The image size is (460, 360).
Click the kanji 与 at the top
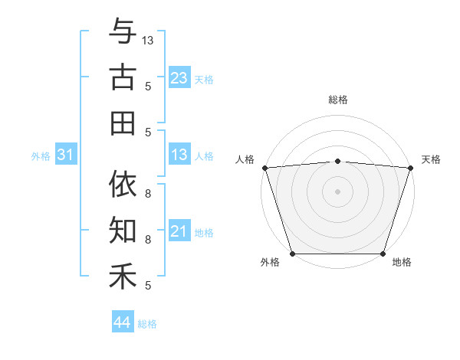[123, 32]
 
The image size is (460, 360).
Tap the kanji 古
[123, 77]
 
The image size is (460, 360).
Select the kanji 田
[123, 123]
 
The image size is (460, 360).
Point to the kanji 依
[123, 185]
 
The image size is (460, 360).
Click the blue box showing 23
[179, 77]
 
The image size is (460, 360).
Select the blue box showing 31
[65, 155]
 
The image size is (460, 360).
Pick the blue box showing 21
[179, 231]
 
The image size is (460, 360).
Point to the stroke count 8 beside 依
[148, 194]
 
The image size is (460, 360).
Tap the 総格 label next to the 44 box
[147, 324]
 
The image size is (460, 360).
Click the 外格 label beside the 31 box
[41, 156]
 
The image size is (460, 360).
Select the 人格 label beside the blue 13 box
[204, 156]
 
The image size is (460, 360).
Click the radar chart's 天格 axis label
[431, 159]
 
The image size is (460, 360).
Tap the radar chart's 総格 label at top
[337, 100]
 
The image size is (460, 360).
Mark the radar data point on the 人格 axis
[264, 168]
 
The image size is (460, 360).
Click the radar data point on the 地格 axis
[383, 253]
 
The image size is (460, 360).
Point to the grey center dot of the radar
[337, 191]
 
